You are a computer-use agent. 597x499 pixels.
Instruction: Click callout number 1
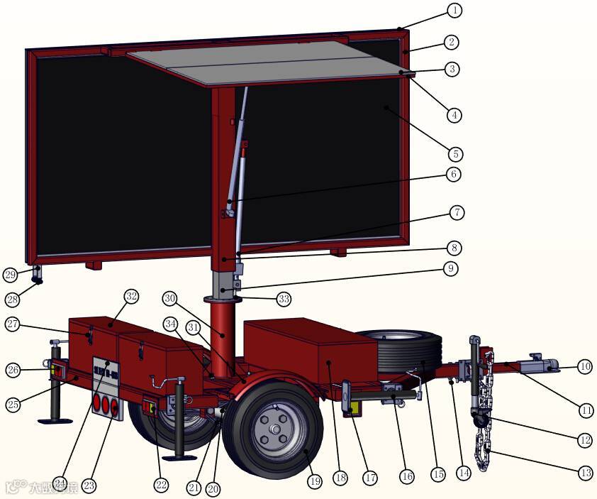[x=454, y=11]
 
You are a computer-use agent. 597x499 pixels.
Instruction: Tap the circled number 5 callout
[x=454, y=153]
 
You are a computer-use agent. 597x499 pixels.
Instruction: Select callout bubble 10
[x=584, y=367]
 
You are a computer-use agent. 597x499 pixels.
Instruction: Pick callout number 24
[x=60, y=483]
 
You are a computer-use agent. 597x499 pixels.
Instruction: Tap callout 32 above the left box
[x=131, y=295]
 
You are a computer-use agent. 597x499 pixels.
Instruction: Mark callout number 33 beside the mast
[x=284, y=299]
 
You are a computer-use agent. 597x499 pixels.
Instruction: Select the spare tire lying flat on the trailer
[x=401, y=351]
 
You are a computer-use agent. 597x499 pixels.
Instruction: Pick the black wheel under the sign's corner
[x=35, y=280]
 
